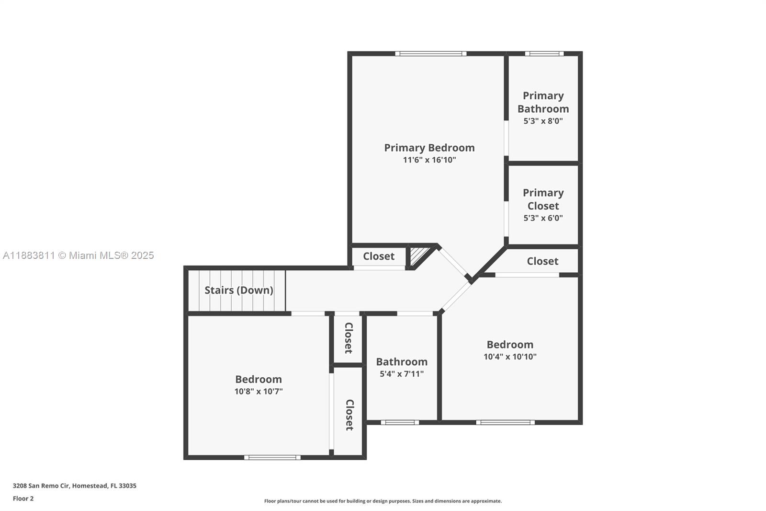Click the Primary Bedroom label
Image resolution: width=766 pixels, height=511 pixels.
click(429, 148)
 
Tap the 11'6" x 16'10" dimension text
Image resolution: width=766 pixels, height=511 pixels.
click(429, 160)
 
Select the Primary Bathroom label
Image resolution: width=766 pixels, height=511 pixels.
click(543, 102)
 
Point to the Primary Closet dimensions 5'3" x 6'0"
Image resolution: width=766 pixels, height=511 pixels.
click(543, 218)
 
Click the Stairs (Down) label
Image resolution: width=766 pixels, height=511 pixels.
click(238, 290)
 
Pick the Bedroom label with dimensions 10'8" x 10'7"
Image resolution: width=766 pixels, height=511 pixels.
click(258, 379)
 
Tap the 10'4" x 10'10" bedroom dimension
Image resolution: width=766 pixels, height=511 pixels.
click(510, 357)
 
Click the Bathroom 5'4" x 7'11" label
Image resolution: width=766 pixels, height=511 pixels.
click(401, 362)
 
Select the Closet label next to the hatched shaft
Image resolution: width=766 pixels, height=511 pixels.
click(378, 256)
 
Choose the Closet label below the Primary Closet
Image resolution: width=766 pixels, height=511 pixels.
click(542, 261)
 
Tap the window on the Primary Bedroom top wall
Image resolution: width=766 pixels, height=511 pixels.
click(430, 54)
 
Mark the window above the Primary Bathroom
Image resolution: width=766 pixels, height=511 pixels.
click(544, 54)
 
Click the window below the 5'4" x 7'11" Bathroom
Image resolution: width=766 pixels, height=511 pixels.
click(400, 422)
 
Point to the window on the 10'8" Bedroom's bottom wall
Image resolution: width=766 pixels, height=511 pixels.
click(272, 457)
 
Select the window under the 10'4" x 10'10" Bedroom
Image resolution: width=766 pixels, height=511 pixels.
click(505, 422)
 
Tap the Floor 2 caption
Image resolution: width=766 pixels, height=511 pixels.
click(23, 499)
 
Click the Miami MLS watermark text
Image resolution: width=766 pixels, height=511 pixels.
click(78, 255)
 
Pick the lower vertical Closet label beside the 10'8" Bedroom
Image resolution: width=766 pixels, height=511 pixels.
click(349, 415)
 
